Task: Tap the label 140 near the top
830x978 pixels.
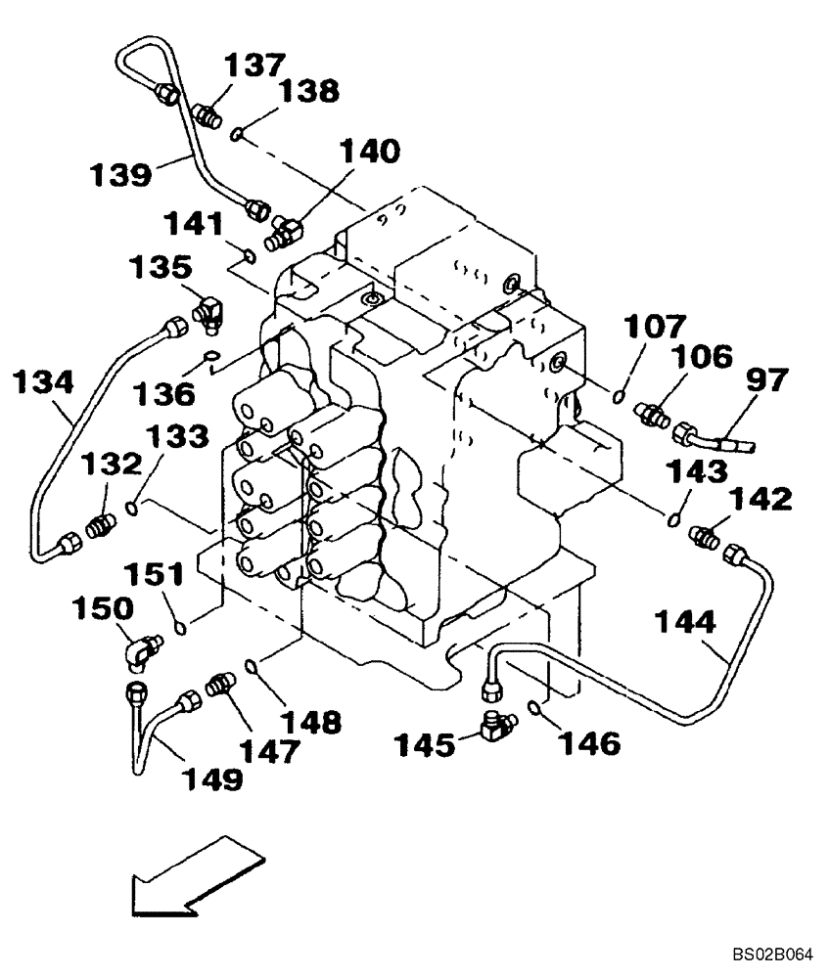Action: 370,152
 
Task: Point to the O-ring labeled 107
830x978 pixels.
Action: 619,396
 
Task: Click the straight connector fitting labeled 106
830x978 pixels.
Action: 652,414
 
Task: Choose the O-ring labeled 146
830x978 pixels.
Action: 533,708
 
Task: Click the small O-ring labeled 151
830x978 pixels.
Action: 178,626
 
